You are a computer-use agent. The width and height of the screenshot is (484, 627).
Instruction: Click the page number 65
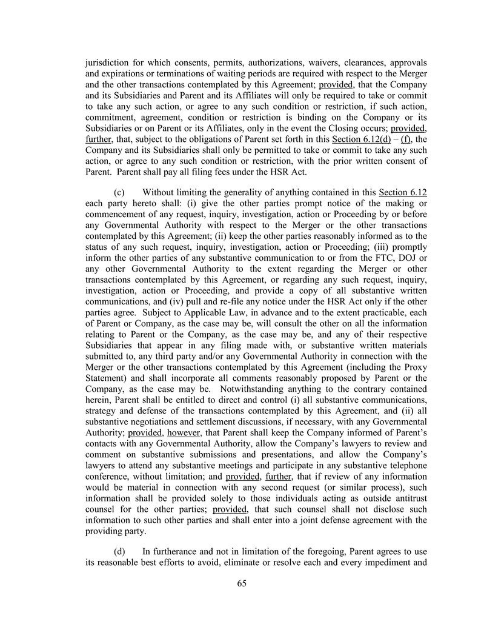242,584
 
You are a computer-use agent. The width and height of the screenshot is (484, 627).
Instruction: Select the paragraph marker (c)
120,193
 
